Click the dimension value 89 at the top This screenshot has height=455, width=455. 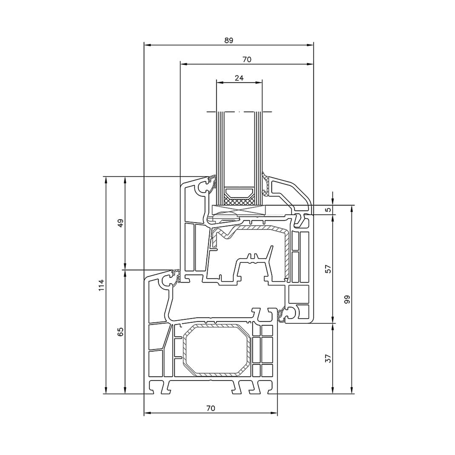click(229, 40)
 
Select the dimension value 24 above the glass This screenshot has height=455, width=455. click(239, 78)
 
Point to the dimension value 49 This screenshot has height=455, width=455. click(121, 223)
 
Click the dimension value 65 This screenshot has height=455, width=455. click(121, 332)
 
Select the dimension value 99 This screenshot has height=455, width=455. click(347, 299)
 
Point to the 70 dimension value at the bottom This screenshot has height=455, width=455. click(211, 408)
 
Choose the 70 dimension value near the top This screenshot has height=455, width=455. click(247, 59)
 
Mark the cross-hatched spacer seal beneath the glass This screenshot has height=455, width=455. click(239, 201)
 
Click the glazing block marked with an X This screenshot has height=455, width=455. click(239, 210)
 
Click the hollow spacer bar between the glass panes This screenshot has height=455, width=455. click(239, 192)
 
